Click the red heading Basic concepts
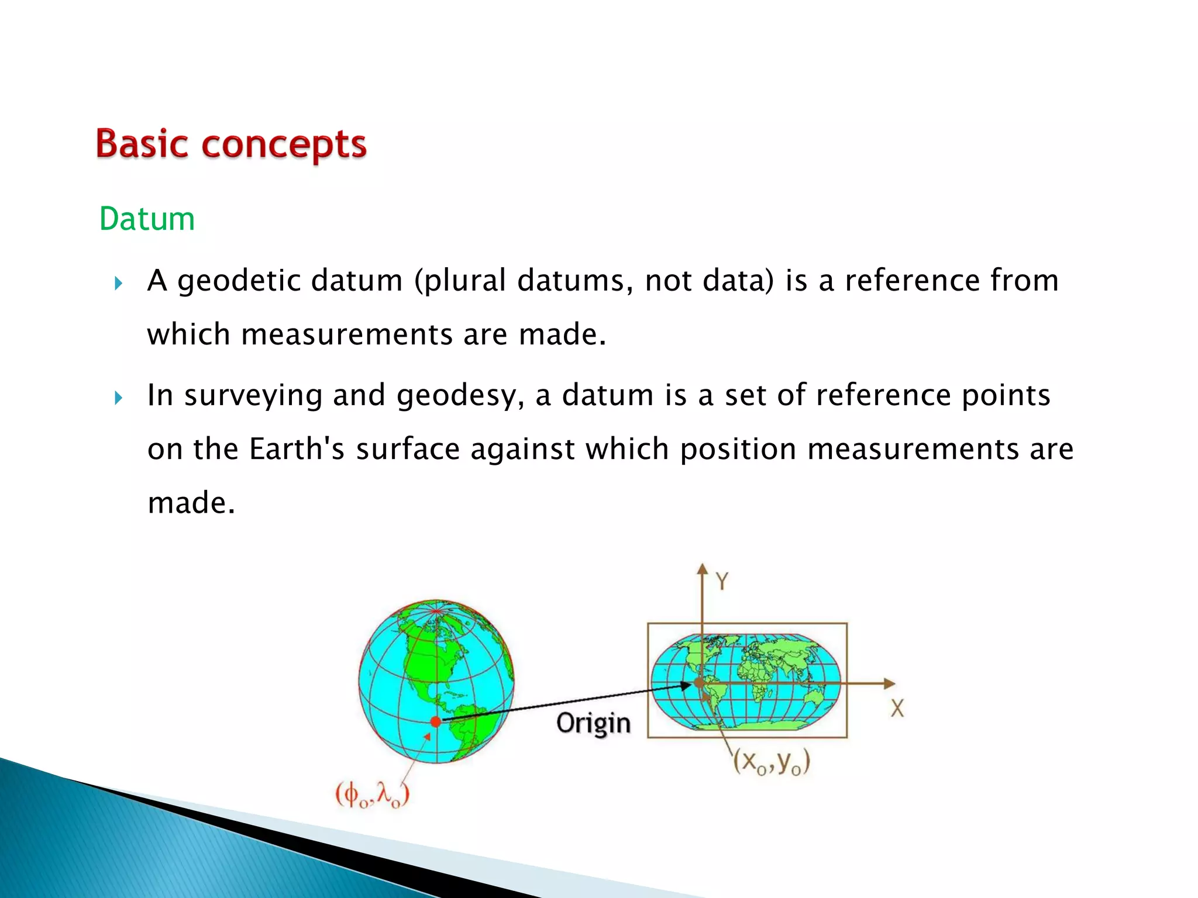tap(231, 144)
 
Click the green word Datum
tap(147, 219)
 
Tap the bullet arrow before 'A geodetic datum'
tap(119, 284)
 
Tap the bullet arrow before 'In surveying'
tap(119, 399)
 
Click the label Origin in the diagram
tap(593, 724)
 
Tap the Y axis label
tap(722, 582)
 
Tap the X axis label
tap(897, 709)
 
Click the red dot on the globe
tap(435, 722)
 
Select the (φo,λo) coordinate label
tap(372, 795)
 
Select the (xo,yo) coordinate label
tap(772, 762)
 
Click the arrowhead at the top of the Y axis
tap(702, 569)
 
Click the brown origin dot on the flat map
tap(698, 683)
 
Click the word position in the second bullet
tap(738, 450)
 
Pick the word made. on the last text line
tap(191, 503)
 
